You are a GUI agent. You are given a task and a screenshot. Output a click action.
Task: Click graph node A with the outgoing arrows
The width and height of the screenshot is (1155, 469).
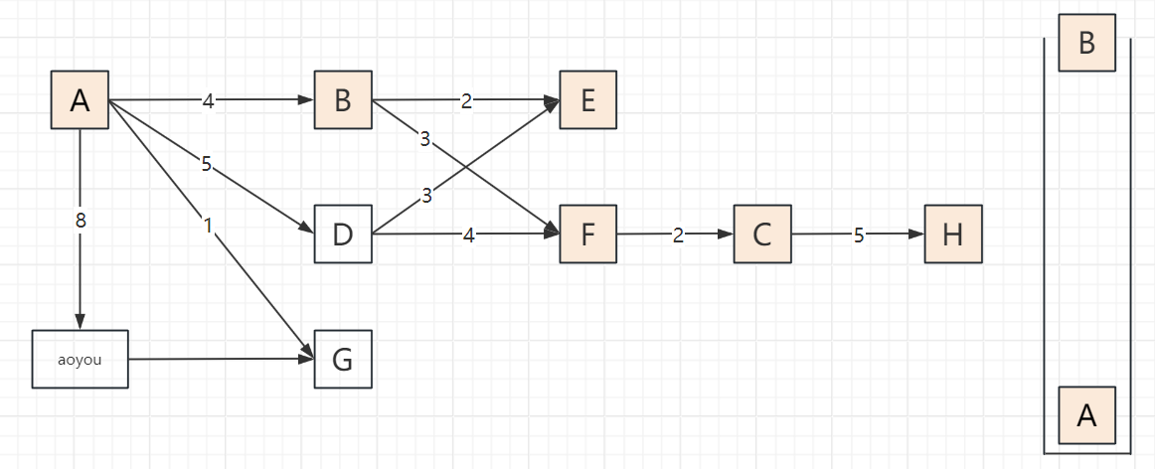[x=80, y=100]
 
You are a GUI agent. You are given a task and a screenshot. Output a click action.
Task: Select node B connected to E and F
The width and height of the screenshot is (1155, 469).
[x=343, y=100]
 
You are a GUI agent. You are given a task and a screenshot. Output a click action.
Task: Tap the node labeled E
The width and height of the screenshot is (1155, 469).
[x=587, y=100]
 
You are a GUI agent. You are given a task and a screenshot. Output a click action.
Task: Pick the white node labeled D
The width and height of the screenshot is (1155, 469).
[x=343, y=234]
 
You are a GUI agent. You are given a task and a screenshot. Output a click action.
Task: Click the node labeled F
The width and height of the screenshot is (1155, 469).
[x=587, y=234]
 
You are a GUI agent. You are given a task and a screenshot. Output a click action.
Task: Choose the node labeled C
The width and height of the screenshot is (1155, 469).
[x=762, y=234]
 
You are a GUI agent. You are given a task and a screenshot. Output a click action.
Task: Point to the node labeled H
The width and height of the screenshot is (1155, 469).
[x=953, y=234]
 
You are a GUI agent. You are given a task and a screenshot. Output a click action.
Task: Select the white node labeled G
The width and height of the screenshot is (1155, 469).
[x=343, y=359]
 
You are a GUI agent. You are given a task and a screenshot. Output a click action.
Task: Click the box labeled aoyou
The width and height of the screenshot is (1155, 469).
[x=80, y=359]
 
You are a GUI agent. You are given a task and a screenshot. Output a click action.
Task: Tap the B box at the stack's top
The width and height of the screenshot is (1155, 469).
[x=1086, y=43]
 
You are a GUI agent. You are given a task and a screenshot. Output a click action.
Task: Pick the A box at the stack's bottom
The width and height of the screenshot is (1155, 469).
[x=1086, y=415]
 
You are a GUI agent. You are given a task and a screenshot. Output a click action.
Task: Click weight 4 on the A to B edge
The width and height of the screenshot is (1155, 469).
[x=208, y=100]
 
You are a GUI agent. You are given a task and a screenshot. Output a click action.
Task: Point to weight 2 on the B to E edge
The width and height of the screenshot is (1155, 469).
[x=465, y=100]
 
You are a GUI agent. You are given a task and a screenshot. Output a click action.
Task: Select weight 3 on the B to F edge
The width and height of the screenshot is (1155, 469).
[x=424, y=139]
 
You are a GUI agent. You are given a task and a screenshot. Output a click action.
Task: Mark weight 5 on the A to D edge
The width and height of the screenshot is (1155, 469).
[x=206, y=164]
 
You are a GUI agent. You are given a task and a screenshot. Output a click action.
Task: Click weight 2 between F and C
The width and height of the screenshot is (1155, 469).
[x=678, y=234]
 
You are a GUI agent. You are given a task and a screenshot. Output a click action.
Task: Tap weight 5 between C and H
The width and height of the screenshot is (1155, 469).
[x=859, y=234]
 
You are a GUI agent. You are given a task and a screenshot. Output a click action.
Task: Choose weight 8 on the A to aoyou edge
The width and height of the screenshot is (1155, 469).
[x=80, y=221]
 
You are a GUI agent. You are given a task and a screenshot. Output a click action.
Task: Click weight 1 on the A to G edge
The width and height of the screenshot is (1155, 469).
[x=208, y=226]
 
